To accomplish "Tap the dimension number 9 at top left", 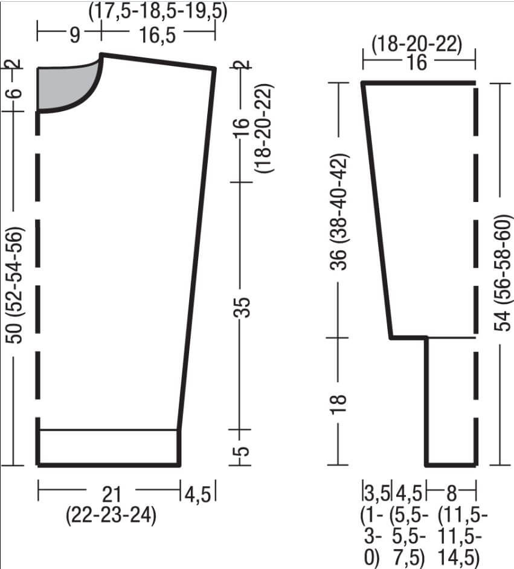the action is click(74, 35).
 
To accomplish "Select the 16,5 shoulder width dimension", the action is click(157, 35).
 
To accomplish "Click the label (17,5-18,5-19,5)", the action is click(158, 11).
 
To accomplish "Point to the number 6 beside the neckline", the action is click(15, 93).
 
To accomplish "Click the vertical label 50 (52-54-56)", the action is click(15, 285).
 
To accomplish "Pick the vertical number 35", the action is click(243, 307).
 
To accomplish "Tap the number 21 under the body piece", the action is click(112, 493).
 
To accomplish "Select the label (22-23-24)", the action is click(111, 515).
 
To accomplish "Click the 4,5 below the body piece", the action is click(198, 494).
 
